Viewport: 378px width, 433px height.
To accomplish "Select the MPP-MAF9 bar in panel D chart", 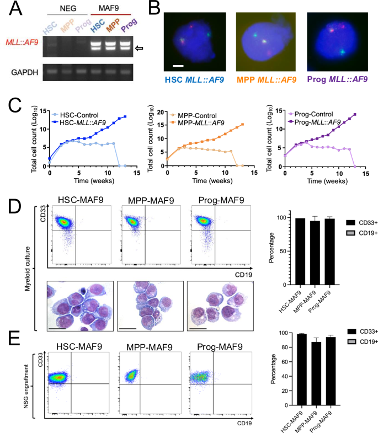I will [x=315, y=253].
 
